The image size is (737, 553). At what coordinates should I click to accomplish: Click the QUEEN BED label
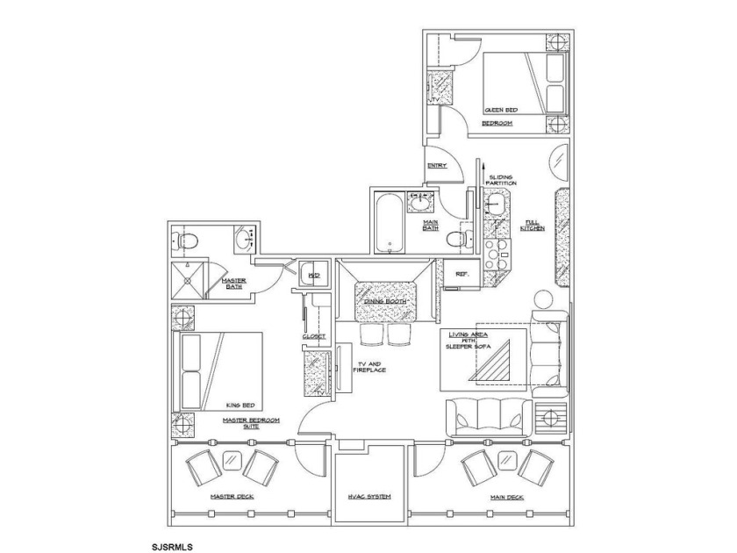(501, 111)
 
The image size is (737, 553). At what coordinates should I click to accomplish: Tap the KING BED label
(239, 405)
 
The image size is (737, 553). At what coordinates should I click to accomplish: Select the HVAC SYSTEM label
(369, 497)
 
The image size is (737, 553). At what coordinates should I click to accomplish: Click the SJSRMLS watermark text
(171, 545)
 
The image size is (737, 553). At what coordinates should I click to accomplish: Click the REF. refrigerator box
(460, 274)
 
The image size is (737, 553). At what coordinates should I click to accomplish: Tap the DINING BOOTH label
(384, 303)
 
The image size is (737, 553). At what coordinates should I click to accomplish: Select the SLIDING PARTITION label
(502, 179)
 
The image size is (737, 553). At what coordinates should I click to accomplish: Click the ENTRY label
(436, 165)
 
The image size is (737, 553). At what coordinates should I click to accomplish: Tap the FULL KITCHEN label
(532, 225)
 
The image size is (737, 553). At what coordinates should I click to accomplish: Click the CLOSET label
(314, 336)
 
